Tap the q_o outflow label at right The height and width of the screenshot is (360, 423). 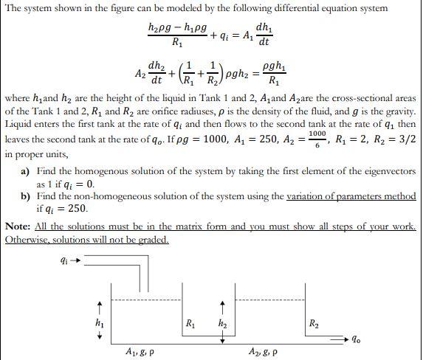coord(357,341)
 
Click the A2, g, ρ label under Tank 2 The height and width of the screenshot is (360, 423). coord(264,352)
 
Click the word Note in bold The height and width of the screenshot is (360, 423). coord(18,226)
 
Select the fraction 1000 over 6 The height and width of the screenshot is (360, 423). coord(316,140)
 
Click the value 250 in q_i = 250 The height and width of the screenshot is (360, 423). coord(75,209)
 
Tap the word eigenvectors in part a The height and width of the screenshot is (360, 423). coord(388,170)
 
